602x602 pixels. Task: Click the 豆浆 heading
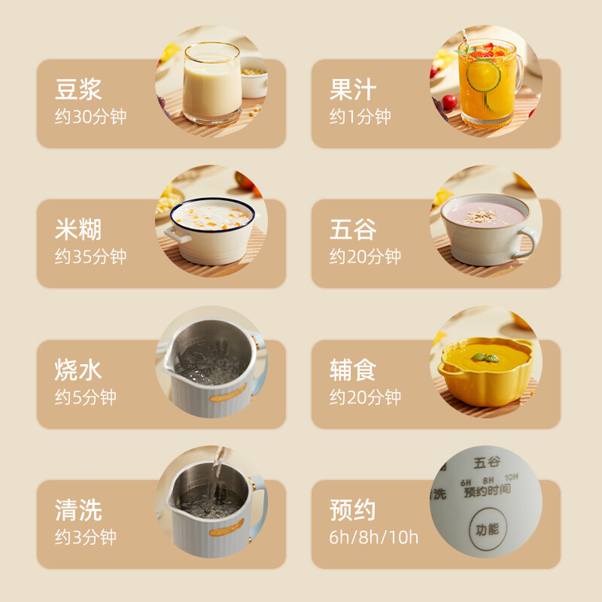click(78, 90)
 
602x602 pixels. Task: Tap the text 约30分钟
click(90, 117)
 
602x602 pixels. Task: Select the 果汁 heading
click(353, 90)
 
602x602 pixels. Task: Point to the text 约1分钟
click(360, 117)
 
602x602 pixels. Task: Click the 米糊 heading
click(78, 230)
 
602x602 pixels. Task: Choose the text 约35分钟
click(90, 257)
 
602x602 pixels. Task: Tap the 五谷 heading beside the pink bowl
click(353, 230)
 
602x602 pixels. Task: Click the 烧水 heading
click(78, 369)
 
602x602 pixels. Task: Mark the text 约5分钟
click(85, 397)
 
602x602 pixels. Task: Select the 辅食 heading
click(353, 369)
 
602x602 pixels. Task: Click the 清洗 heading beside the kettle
click(78, 510)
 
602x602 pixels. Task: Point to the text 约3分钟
click(85, 538)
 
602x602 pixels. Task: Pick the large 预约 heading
click(353, 510)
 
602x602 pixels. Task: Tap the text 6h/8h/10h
click(374, 538)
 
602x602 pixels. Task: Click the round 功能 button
click(487, 529)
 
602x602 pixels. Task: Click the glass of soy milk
click(211, 83)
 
